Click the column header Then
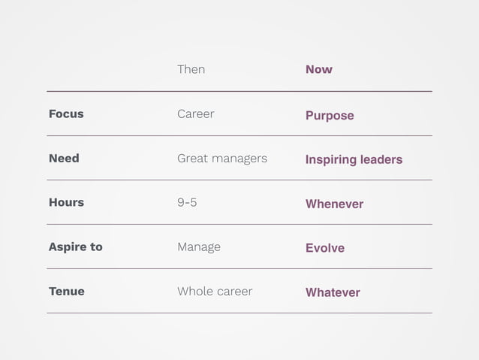191,69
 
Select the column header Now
318,69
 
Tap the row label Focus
66,114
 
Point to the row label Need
64,159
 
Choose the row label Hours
66,202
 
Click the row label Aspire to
75,247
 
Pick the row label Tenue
67,291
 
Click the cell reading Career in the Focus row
195,114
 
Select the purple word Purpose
330,116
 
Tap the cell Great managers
221,159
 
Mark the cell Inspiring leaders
354,160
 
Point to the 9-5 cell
187,203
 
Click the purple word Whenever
334,204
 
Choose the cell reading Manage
199,247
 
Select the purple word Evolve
325,248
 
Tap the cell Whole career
215,291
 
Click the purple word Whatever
333,292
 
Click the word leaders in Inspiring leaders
380,160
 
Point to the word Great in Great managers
192,159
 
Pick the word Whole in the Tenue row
194,291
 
